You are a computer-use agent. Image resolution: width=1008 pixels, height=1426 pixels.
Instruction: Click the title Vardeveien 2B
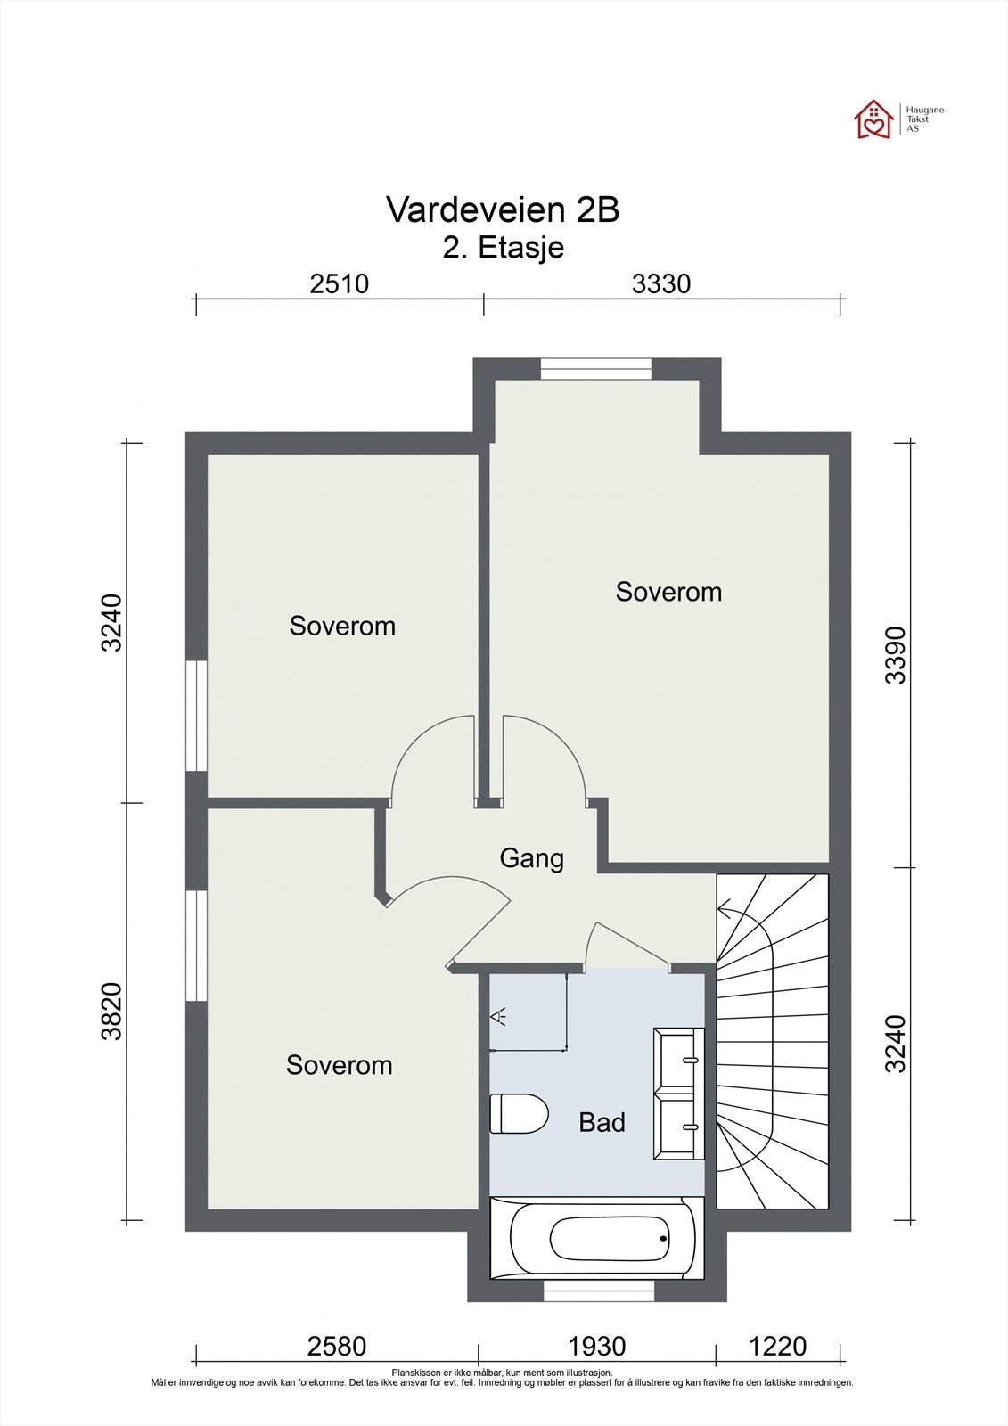tap(503, 210)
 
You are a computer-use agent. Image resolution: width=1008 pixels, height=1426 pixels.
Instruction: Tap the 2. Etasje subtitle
tap(504, 247)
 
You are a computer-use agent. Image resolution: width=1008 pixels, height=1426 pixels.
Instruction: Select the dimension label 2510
tap(339, 283)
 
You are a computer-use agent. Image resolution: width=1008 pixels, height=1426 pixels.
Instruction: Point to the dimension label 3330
tap(661, 283)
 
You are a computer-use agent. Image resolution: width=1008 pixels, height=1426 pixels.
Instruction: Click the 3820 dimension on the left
tap(111, 1012)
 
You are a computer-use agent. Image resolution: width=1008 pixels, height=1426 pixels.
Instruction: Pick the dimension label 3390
tap(895, 655)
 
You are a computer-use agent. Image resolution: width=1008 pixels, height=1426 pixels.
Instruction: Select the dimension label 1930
tap(596, 1345)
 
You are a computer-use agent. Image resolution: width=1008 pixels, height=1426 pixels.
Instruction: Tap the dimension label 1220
tap(777, 1345)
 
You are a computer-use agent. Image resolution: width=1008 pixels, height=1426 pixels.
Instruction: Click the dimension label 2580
tap(337, 1345)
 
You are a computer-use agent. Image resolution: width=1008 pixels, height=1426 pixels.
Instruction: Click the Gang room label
tap(531, 858)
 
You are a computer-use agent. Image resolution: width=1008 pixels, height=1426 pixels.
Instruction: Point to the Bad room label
tap(602, 1122)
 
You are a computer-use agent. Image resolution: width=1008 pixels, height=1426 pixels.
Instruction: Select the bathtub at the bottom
tap(596, 1239)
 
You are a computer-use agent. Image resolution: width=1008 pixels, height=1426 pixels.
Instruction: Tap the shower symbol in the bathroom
tap(501, 1015)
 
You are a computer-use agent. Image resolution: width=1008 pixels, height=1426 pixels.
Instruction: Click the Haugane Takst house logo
tap(873, 120)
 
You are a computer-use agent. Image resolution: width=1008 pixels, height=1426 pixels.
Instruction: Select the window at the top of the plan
tap(596, 368)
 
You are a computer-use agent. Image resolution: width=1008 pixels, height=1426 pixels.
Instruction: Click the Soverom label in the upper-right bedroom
tap(668, 592)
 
